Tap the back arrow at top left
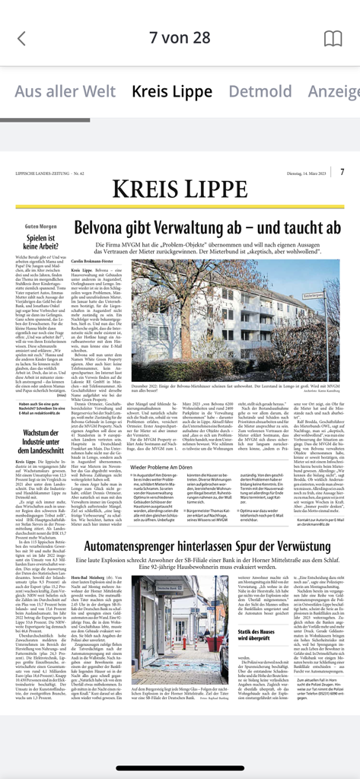[21, 38]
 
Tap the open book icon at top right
[333, 38]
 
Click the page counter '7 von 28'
[180, 37]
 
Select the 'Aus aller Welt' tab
[65, 91]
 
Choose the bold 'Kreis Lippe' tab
[171, 91]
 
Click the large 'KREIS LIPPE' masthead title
[179, 189]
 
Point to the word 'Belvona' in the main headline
[101, 227]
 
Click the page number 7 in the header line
[342, 173]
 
